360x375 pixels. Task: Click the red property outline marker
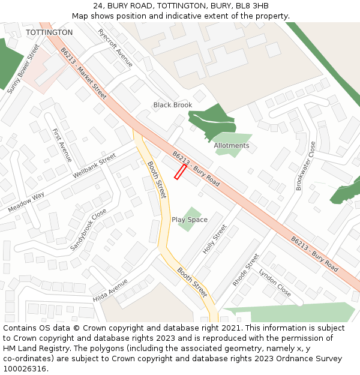[x=180, y=172]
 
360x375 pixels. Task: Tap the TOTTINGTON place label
[x=49, y=32]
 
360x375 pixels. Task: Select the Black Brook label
[x=173, y=105]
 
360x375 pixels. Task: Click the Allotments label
[x=232, y=146]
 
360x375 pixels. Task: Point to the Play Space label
[x=190, y=220]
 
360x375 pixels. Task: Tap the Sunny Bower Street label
[x=23, y=68]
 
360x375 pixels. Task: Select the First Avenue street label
[x=62, y=145]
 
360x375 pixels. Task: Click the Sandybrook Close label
[x=88, y=230]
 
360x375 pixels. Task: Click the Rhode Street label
[x=246, y=270]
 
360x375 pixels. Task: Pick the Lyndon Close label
[x=275, y=283]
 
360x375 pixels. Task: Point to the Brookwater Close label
[x=305, y=166]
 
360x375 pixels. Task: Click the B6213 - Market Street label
[x=83, y=74]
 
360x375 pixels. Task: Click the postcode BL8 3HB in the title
[x=252, y=6]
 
